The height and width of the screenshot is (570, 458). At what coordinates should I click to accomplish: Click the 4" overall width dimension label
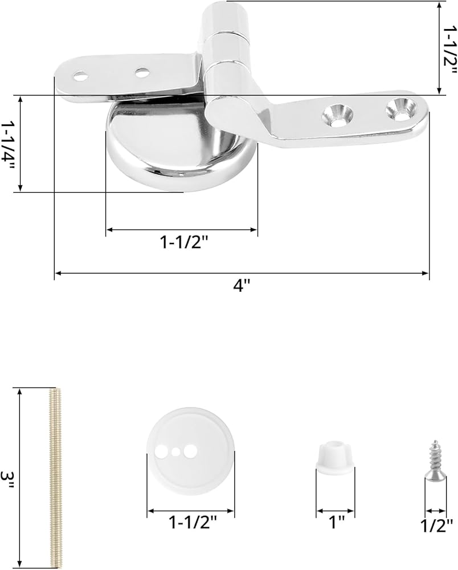click(x=242, y=286)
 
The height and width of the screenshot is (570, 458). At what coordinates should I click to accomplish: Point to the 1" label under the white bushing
click(x=336, y=523)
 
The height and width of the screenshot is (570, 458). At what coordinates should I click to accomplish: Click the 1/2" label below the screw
click(x=436, y=526)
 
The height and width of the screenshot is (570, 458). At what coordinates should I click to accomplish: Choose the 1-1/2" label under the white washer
click(x=193, y=523)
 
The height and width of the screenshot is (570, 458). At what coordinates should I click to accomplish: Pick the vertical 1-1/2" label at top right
click(x=449, y=50)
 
